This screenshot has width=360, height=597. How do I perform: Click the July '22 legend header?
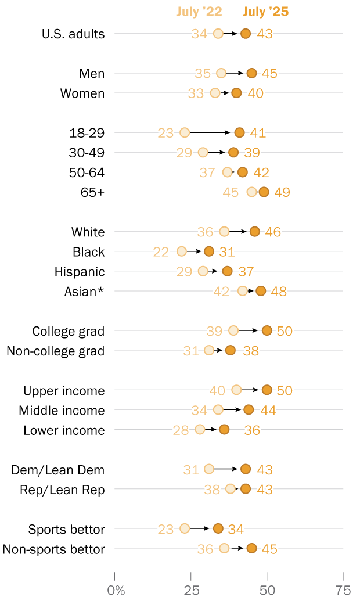tap(199, 12)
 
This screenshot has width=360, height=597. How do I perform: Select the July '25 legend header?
tap(265, 12)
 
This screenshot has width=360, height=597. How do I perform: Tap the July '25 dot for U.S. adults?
tap(246, 34)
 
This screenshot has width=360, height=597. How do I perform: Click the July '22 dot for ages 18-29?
tap(185, 132)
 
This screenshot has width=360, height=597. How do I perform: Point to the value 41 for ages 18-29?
tap(258, 133)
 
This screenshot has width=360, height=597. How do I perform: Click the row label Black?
tap(89, 252)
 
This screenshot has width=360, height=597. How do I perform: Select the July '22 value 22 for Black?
tap(161, 252)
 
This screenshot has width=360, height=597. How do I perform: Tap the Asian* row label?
tap(84, 292)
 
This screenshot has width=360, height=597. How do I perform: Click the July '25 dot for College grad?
tap(267, 330)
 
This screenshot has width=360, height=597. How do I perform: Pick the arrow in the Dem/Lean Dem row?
tap(227, 469)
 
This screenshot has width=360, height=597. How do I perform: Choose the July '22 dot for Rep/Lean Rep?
tap(231, 489)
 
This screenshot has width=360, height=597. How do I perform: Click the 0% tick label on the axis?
tap(117, 591)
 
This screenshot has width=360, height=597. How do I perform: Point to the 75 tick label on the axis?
tap(343, 591)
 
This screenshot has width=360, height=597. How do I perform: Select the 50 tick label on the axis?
tap(267, 591)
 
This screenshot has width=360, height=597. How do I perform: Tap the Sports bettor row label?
tap(67, 529)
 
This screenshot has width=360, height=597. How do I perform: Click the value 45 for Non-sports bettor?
tap(269, 549)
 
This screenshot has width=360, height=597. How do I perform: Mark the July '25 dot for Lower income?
tap(224, 429)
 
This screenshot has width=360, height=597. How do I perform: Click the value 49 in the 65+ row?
tap(282, 192)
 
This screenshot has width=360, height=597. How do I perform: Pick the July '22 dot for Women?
tap(215, 93)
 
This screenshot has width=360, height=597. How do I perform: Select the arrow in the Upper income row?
tap(251, 390)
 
